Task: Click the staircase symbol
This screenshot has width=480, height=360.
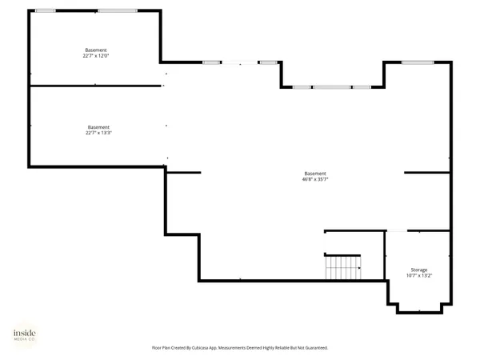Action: tap(342, 267)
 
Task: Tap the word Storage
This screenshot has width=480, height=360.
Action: tap(419, 270)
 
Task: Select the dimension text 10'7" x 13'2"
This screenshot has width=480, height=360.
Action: tap(419, 276)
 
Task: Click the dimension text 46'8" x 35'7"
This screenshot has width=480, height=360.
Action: tap(315, 180)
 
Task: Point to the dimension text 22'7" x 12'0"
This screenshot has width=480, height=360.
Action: tap(95, 56)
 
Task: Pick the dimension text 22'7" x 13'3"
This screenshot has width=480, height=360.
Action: tap(98, 133)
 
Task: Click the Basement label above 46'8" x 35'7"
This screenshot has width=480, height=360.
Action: tap(315, 174)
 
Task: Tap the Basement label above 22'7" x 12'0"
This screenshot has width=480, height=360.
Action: tap(95, 50)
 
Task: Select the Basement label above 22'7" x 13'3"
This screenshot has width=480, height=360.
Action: tap(98, 126)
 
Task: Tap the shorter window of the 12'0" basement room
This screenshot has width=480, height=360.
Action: tap(46, 10)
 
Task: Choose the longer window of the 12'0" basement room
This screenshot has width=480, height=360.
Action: tap(117, 10)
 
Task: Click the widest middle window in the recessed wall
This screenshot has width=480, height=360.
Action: tap(332, 86)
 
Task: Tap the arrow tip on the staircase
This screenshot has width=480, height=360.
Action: tap(359, 267)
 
